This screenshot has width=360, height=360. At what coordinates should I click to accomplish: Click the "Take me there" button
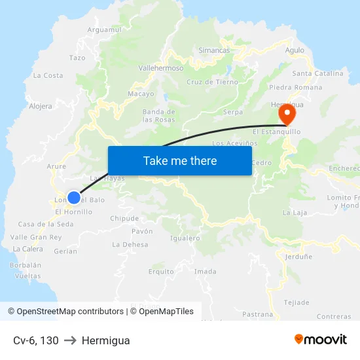coord(180,161)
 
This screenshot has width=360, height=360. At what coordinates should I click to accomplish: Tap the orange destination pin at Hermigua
coord(287,115)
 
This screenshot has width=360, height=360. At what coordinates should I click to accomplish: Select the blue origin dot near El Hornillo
coord(74,197)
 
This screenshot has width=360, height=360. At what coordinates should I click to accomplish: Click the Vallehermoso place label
coord(161,67)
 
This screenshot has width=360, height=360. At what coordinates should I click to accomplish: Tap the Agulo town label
coord(295,50)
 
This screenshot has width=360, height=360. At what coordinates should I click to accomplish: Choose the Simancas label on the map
coord(214,50)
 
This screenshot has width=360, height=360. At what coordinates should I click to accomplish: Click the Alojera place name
coord(41,106)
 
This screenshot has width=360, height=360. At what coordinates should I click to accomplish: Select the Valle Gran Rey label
coord(36,237)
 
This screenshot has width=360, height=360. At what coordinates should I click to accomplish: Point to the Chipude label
coord(124,219)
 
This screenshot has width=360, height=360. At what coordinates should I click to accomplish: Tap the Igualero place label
coord(185,238)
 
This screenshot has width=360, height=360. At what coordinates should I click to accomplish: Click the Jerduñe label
coord(298,257)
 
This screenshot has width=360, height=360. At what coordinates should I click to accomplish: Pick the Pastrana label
coord(257,314)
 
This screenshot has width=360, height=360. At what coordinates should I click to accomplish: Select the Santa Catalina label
coord(317,73)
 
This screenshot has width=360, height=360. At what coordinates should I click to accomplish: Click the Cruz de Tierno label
coord(212,82)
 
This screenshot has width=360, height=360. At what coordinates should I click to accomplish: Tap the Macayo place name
coord(141,94)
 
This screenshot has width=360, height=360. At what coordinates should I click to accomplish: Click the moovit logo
coord(320,339)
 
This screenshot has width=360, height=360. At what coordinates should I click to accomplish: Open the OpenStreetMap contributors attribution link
coord(69,312)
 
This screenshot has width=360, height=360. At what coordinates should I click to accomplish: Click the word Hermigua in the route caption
coord(106,340)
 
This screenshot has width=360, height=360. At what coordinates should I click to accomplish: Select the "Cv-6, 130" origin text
coord(36,340)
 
